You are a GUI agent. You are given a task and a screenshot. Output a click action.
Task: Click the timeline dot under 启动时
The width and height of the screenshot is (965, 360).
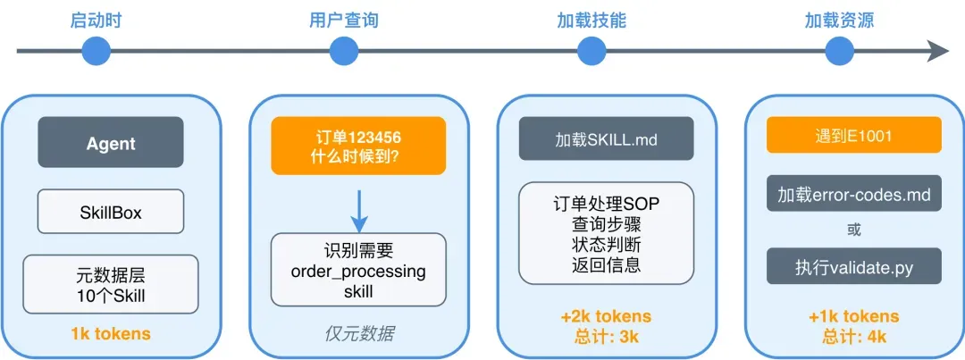96,51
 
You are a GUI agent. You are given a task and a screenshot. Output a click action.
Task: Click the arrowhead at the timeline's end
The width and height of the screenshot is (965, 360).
938,51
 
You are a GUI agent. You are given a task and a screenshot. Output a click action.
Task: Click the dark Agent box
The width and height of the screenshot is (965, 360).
111,143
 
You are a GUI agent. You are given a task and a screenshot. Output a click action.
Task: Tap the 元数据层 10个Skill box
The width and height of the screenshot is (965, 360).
111,283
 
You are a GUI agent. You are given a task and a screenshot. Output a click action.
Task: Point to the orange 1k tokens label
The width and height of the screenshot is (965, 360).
111,334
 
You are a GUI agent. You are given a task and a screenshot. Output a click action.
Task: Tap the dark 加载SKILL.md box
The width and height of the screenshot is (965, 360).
606,139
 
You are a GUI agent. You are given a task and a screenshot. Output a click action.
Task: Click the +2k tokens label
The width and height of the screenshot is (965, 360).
606,316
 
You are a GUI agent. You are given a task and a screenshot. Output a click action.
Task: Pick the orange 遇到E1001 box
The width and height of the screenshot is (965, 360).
853,137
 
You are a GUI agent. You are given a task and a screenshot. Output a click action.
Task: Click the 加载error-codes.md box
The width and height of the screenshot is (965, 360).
853,194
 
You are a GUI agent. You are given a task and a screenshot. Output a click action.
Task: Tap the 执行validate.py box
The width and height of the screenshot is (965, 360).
853,267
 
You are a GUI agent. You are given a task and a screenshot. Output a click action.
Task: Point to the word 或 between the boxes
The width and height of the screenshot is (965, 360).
853,230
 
